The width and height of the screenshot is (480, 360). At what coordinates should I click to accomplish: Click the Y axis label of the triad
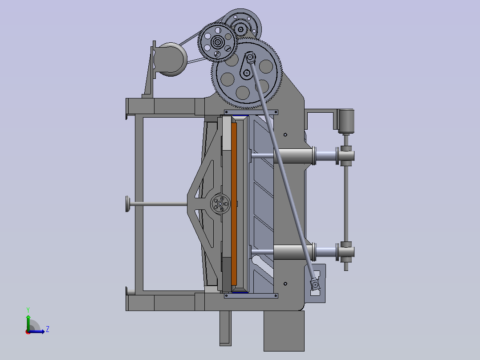[x=28, y=309]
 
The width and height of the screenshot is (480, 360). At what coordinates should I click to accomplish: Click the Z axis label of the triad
[x=47, y=329]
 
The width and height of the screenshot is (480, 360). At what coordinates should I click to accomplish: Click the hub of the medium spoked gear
[x=218, y=43]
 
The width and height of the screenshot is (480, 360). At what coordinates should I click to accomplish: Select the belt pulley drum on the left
[x=172, y=59]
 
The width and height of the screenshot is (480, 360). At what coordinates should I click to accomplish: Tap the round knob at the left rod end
[x=127, y=204]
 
